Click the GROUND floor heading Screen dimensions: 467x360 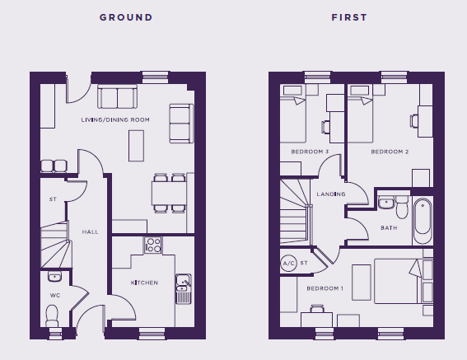tap(126, 17)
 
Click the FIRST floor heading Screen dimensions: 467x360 tap(349, 17)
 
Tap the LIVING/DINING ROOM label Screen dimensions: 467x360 tap(115, 119)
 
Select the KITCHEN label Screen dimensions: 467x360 tap(144, 283)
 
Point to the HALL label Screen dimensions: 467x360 tap(91, 231)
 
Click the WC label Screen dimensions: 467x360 tap(55, 295)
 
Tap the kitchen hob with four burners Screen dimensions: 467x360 tap(153, 245)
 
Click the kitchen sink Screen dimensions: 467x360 tap(184, 289)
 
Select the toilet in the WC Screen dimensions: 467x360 tap(52, 316)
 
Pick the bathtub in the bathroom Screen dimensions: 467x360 tap(423, 221)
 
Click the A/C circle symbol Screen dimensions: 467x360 tap(288, 263)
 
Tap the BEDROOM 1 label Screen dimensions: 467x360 tap(325, 288)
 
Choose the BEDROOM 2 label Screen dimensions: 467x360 tap(390, 152)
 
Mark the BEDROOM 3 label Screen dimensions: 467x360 tap(310, 152)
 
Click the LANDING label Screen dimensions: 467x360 tap(331, 194)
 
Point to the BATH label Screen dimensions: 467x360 tap(389, 227)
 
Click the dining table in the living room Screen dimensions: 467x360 tap(169, 193)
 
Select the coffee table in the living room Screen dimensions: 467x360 tap(137, 146)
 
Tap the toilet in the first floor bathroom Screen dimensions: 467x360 tap(402, 207)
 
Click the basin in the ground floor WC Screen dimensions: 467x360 tap(55, 276)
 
